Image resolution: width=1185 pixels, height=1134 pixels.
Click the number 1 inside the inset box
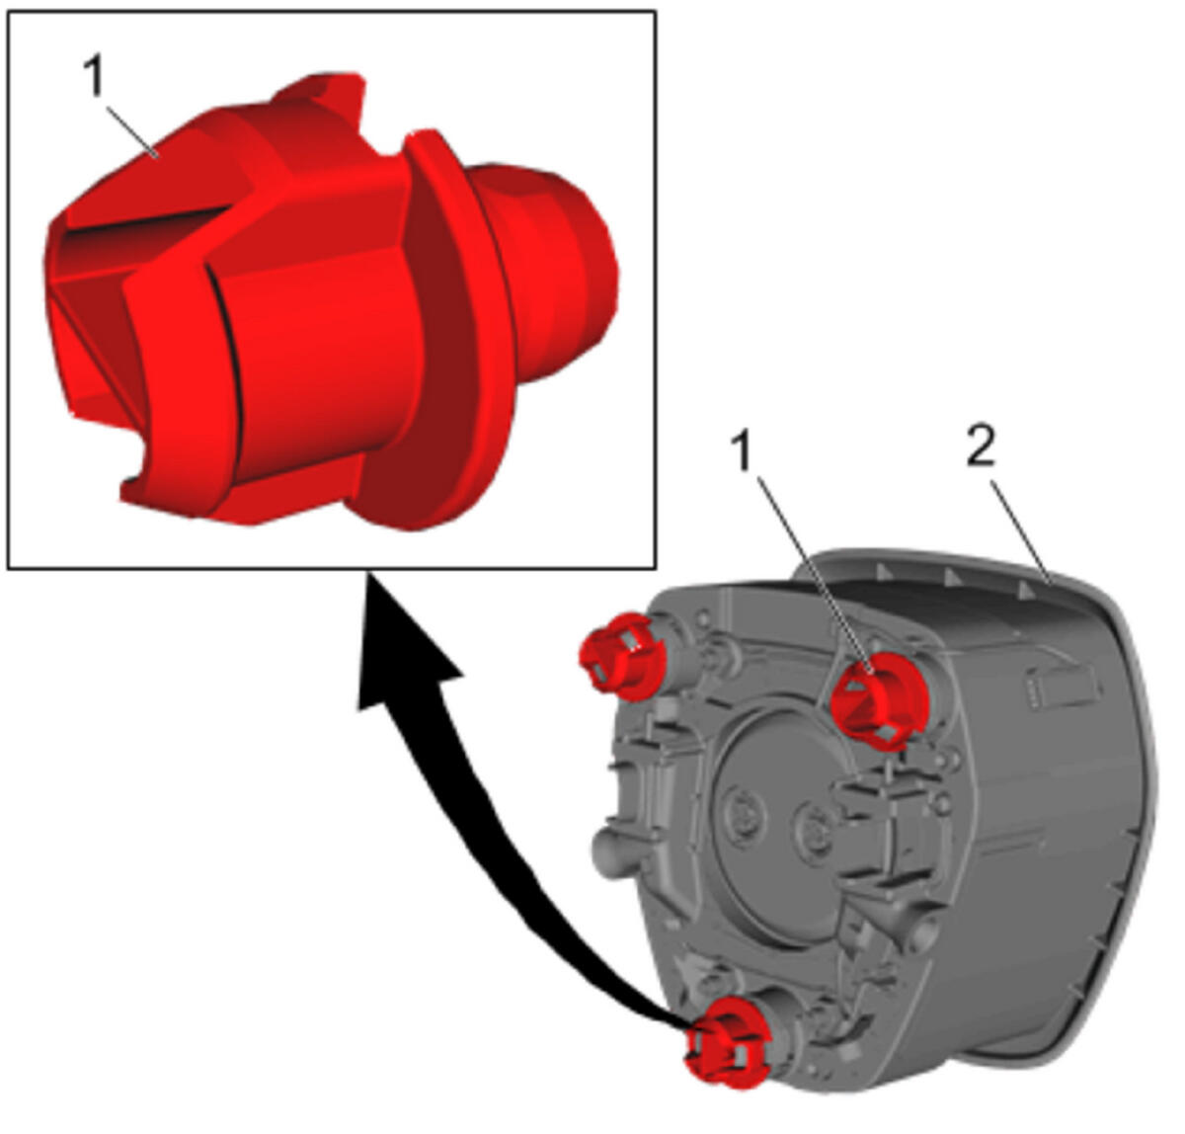95,75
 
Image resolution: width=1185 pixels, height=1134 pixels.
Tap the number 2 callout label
981,446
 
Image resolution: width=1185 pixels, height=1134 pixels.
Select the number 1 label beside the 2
742,449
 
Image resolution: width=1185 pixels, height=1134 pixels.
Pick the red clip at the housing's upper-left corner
622,658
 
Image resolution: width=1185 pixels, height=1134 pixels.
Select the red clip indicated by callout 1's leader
879,700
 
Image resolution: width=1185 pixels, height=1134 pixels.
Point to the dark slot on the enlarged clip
146,222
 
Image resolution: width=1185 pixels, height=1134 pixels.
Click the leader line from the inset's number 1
132,131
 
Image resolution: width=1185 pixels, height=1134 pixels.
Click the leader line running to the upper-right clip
815,576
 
